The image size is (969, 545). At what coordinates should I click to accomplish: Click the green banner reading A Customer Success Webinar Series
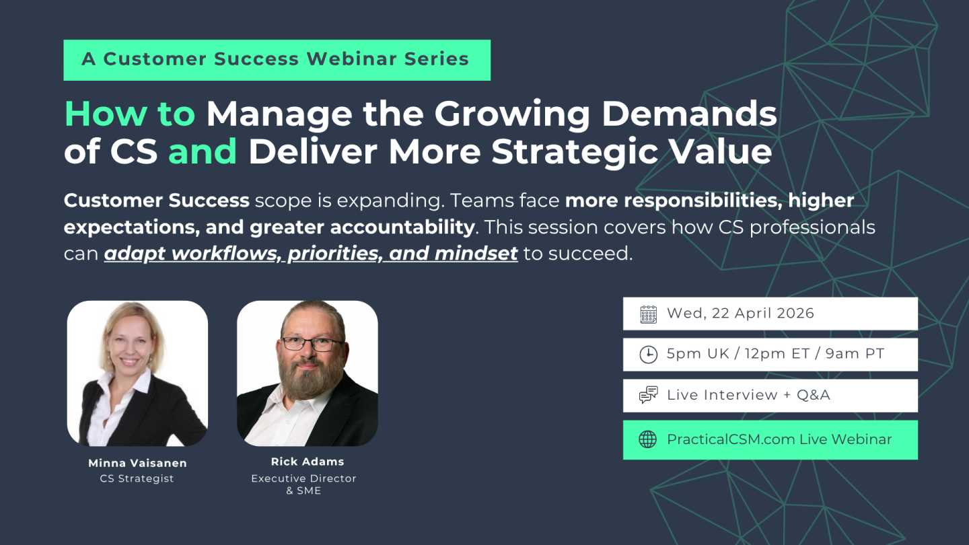277,60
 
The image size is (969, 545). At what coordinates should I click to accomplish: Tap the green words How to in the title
130,114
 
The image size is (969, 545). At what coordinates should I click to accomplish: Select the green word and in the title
203,152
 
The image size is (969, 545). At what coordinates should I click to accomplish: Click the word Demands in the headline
689,114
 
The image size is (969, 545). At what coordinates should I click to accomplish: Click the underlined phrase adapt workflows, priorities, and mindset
311,254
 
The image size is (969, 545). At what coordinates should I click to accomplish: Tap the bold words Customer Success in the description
157,201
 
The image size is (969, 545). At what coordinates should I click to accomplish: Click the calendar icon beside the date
649,314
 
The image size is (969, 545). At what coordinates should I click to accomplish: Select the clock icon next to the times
649,355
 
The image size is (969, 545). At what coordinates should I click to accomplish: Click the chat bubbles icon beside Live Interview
649,395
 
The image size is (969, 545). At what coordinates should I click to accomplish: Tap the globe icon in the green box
647,439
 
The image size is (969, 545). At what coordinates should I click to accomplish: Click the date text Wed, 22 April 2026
740,313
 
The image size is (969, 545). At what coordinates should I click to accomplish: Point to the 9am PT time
855,354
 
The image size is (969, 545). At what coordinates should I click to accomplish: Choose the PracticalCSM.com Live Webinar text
779,439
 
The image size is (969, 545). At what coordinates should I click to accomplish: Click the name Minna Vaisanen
137,463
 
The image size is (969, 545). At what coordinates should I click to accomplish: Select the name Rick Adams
308,462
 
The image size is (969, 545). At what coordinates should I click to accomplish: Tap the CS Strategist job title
137,478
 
